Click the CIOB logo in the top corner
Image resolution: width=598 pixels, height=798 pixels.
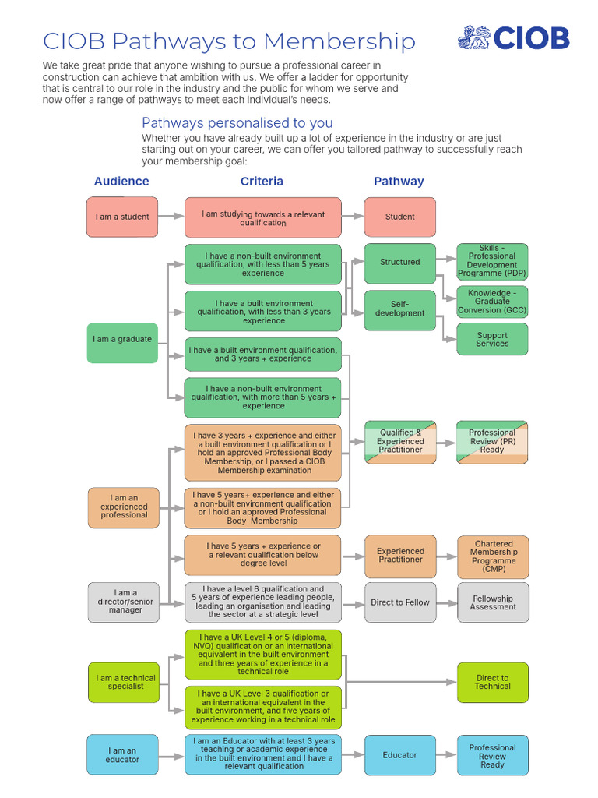coord(513,37)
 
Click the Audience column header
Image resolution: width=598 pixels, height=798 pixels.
coord(121,182)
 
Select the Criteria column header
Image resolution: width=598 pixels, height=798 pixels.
coord(262,182)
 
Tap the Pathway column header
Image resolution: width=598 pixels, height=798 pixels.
coord(399,182)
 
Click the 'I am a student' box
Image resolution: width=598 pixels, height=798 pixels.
coord(122,217)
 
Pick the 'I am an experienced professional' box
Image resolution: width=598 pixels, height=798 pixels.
coord(123,507)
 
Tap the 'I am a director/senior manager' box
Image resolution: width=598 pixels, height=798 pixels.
coord(123,602)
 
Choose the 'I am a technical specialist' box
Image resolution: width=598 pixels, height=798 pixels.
coord(123,683)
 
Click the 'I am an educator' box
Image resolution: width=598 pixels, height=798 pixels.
coord(122,755)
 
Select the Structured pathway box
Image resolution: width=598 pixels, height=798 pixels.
coord(399,263)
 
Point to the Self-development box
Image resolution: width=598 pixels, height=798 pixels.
coord(399,309)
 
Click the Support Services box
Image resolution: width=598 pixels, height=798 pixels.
coord(492,340)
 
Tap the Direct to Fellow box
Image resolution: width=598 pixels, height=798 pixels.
coord(400,602)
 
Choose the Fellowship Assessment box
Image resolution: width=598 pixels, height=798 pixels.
coord(493,602)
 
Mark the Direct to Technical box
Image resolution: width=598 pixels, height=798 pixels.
coord(493,683)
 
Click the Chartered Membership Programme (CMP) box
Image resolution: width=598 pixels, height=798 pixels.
coord(493,556)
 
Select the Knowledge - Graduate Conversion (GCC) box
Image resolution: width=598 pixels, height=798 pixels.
coord(492,302)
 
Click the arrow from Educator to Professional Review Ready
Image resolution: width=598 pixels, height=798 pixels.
coord(446,755)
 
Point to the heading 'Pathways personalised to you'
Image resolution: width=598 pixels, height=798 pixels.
coord(237,123)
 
